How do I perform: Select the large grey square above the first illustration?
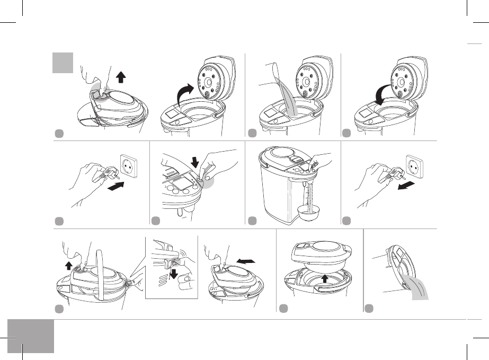tap(62, 63)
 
